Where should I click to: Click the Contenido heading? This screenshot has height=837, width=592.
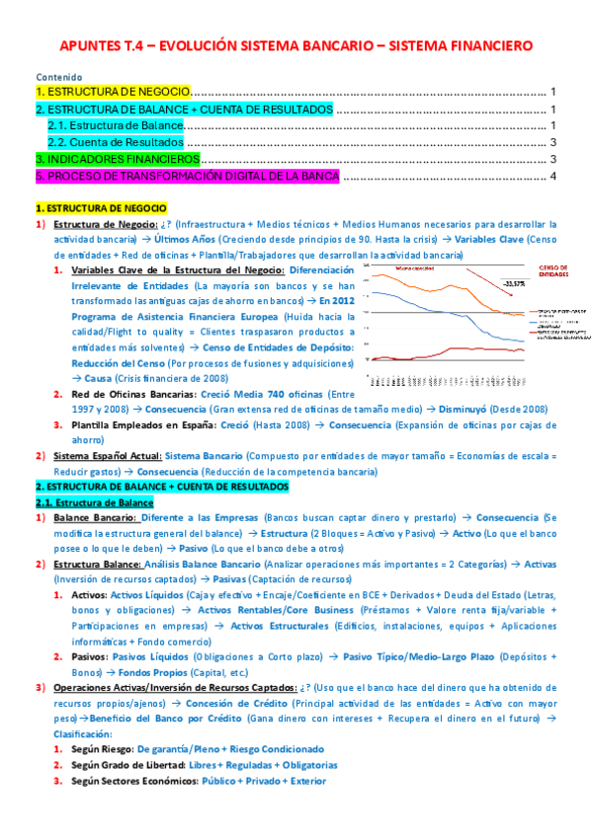pos(58,77)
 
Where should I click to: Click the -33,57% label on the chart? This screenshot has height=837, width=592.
pos(514,284)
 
